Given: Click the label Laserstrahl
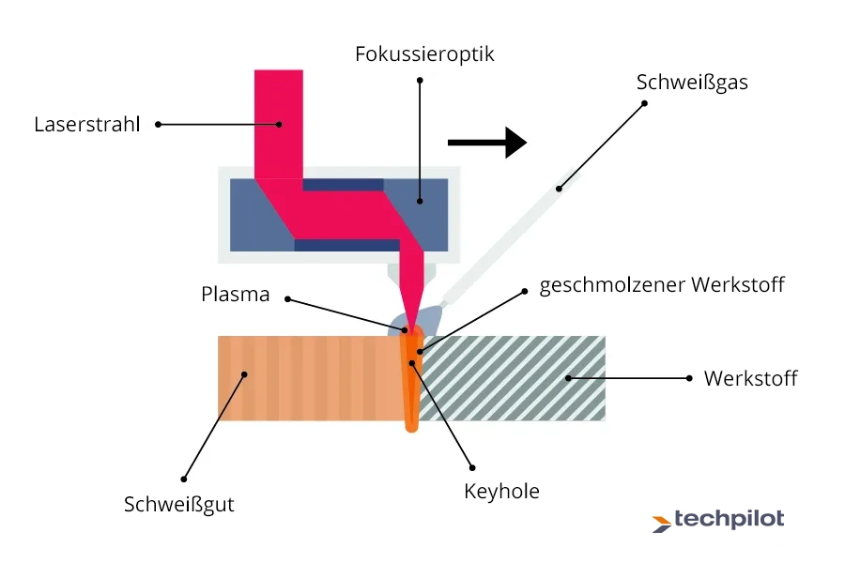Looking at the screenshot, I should pos(86,124).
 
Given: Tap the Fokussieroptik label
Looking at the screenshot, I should pos(424,53).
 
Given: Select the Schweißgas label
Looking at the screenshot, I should pos(692,82).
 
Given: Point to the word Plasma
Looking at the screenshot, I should pos(236,294).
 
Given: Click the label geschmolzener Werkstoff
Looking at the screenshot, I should pos(662,284).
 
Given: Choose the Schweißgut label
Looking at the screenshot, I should pos(179,504).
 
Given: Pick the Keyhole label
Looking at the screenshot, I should pos(502,490).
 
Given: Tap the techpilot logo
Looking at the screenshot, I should pos(718,520).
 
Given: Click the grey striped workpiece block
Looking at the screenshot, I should pos(526,377).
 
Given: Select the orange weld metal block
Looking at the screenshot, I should pos(310,377).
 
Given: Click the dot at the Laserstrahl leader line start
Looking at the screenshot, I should pos(158,124).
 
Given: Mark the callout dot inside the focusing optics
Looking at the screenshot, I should pos(421,199).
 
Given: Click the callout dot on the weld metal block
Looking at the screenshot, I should pos(245,374).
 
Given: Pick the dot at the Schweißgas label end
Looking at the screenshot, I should pos(646,103).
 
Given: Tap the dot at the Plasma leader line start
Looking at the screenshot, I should pos(287,299).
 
